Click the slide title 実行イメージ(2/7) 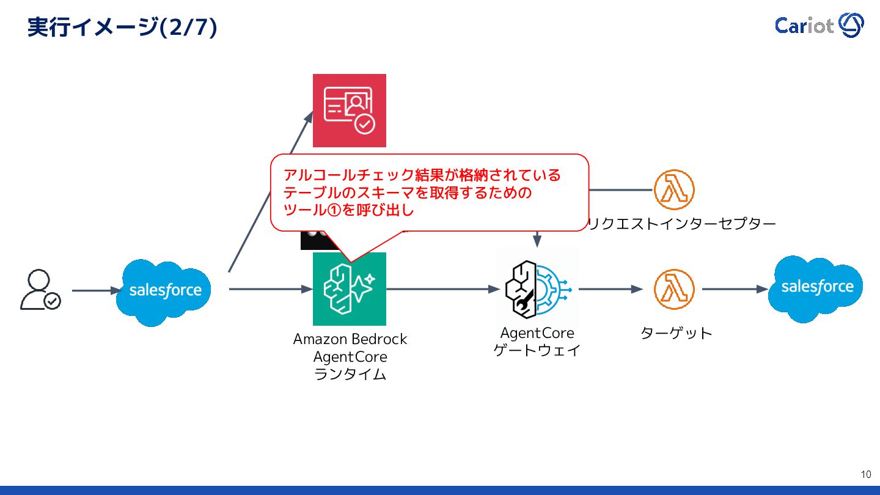(x=122, y=28)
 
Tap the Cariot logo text (x=804, y=26)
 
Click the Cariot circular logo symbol (x=851, y=25)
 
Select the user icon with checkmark (x=40, y=290)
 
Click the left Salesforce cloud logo (x=164, y=291)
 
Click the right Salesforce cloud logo (x=816, y=288)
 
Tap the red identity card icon (x=350, y=111)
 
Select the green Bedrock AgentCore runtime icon (x=350, y=289)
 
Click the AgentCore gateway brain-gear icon (x=537, y=288)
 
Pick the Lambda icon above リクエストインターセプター (x=674, y=189)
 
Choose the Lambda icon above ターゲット (x=674, y=289)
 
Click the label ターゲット (x=676, y=334)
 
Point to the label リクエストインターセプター (x=681, y=224)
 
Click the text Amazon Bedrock (x=350, y=339)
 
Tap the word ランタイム (x=350, y=375)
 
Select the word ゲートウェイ (x=537, y=351)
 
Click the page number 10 (x=865, y=475)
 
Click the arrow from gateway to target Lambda (x=610, y=289)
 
